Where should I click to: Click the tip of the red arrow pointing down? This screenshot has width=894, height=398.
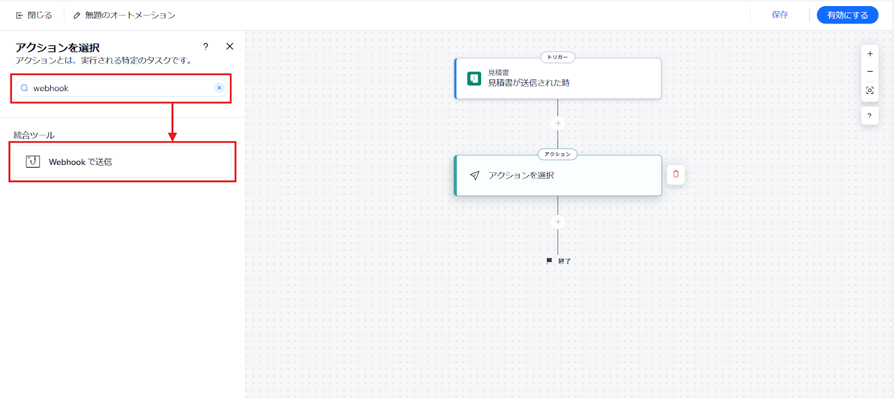pos(173,141)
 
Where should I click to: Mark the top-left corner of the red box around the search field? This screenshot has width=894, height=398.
pos(11,74)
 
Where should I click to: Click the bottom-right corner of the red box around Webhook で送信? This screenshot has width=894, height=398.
pos(235,182)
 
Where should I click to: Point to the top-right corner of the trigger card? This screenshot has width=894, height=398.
pos(661,59)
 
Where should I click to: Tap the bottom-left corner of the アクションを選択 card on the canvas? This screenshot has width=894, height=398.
pos(455,196)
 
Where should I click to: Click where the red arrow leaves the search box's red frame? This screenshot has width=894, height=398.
pos(173,103)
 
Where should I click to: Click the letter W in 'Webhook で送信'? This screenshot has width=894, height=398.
pos(53,162)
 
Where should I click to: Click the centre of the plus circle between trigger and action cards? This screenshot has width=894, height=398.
pos(558,124)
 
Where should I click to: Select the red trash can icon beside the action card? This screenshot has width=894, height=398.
pos(676,174)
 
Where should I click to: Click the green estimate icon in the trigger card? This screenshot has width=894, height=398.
pos(474,79)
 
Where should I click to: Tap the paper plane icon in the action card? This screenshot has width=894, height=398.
pos(474,176)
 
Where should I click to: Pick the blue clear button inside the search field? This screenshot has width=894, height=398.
pos(219,88)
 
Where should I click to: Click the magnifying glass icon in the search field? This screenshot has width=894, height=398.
pos(25,88)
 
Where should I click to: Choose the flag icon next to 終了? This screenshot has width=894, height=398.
pos(550,260)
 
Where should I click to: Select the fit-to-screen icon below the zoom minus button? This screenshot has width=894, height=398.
pos(869,90)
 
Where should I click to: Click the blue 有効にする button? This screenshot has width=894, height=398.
pos(847,15)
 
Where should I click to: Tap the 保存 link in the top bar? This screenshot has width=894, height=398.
pos(780,15)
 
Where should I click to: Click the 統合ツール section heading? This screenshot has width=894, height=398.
pos(34,135)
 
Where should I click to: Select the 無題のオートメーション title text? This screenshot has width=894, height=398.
pos(130,15)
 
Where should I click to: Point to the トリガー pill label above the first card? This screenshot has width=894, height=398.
pos(558,57)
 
